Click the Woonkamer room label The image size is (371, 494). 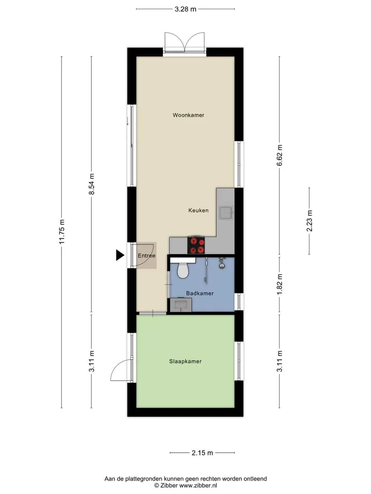point(189,115)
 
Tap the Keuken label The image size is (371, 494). point(198,210)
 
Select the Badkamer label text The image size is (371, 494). point(200,293)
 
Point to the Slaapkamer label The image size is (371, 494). point(185,361)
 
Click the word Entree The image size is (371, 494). point(147,256)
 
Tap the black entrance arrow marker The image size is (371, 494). point(120,255)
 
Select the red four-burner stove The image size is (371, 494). point(196,245)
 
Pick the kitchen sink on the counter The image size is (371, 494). point(226,213)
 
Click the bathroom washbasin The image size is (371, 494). point(181,305)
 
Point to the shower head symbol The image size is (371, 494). point(223,263)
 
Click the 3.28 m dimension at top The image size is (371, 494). point(185,9)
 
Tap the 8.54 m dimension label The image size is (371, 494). point(92,184)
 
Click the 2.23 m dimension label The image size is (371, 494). point(309,221)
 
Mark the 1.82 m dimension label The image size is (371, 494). point(279,285)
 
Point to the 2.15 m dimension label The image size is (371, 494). point(202,453)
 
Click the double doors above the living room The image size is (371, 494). point(184,43)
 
